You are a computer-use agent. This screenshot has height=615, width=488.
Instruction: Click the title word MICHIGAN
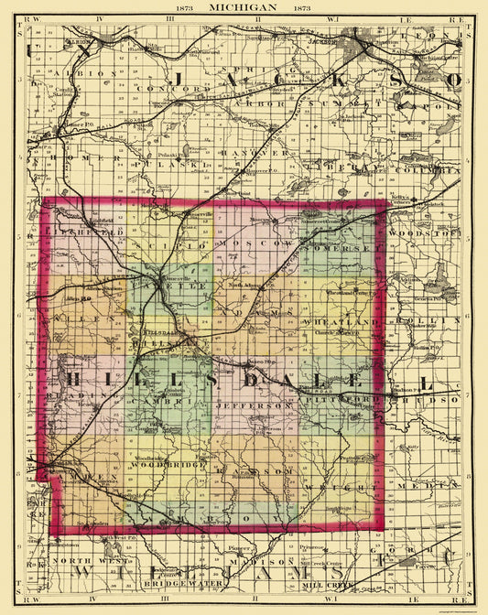(243, 6)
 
